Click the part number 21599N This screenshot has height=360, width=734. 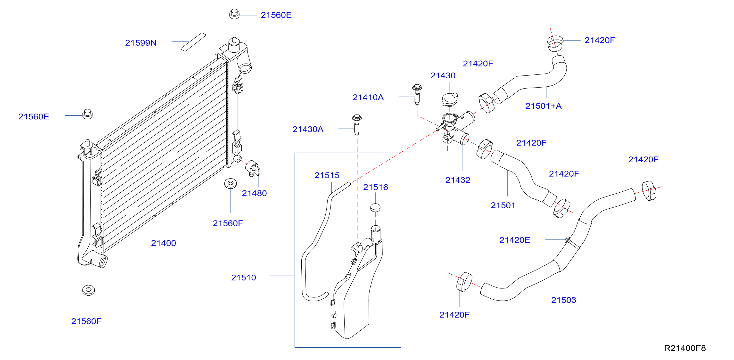[141, 43]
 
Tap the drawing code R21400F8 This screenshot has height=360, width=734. [685, 348]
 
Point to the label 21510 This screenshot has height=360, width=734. [244, 278]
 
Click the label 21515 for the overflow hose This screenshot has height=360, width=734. [327, 175]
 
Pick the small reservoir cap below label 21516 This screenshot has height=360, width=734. [375, 207]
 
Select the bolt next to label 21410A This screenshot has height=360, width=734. [417, 94]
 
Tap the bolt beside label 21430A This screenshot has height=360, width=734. [357, 124]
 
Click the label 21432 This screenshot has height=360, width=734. [458, 180]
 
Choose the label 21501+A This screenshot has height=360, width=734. [543, 106]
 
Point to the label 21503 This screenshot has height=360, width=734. [564, 300]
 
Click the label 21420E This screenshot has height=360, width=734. [515, 240]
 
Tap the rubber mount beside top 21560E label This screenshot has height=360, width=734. [234, 14]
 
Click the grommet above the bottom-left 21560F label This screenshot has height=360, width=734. [88, 290]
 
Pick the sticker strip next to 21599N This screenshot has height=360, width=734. [193, 42]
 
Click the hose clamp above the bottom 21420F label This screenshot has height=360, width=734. [464, 282]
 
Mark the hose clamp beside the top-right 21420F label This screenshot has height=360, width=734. [555, 44]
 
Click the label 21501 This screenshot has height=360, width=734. [503, 205]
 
